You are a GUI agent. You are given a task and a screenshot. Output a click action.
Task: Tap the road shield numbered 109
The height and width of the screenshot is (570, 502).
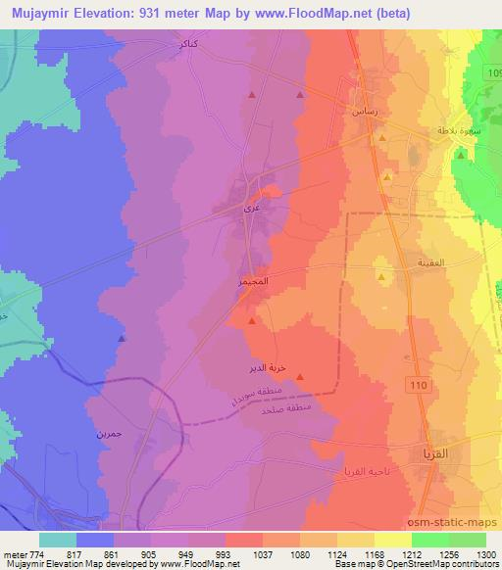492,73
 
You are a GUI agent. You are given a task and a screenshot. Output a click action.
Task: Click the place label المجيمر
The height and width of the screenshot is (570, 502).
256,282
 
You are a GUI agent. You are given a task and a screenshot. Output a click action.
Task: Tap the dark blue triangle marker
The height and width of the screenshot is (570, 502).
122,338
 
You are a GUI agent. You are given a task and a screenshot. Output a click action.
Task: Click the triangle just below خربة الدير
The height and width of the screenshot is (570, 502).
300,377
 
